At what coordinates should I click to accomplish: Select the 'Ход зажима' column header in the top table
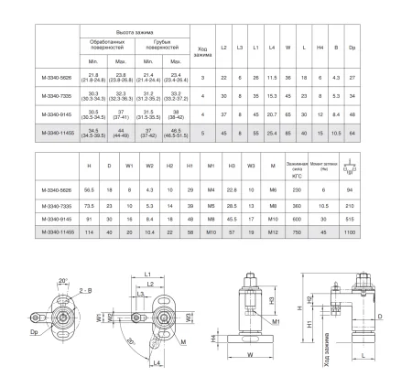tap(202, 51)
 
